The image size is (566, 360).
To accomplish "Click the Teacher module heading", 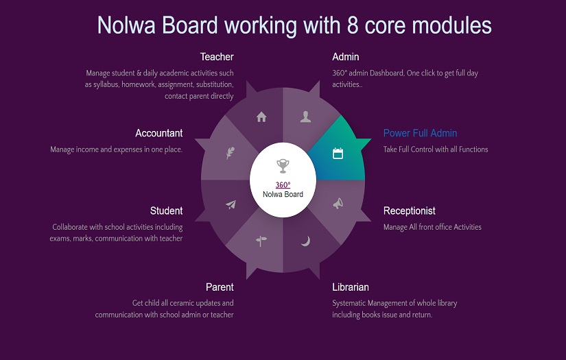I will [x=217, y=57].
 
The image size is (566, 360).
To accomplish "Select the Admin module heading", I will [x=345, y=57].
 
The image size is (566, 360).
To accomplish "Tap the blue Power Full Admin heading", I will [x=420, y=133].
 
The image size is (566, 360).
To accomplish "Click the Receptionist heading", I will [x=409, y=211].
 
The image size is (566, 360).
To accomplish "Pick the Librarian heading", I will [x=350, y=287].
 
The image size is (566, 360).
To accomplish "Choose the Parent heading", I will [x=220, y=287].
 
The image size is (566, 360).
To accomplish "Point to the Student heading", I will [x=166, y=211].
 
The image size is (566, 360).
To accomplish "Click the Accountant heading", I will [x=158, y=133].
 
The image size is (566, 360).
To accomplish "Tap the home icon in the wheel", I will [x=261, y=117].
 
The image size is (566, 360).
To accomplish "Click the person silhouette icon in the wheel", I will [x=305, y=117].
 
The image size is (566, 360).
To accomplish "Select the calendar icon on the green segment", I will [x=338, y=154].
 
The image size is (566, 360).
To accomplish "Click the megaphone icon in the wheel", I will [x=338, y=204].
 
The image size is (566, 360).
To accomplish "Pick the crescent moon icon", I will [x=306, y=241].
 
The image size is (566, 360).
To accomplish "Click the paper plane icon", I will [x=231, y=204].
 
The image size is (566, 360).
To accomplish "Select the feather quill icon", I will [x=231, y=153].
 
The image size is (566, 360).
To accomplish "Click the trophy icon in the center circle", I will [x=283, y=165].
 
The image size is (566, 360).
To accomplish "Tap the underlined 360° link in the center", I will [x=283, y=184].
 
